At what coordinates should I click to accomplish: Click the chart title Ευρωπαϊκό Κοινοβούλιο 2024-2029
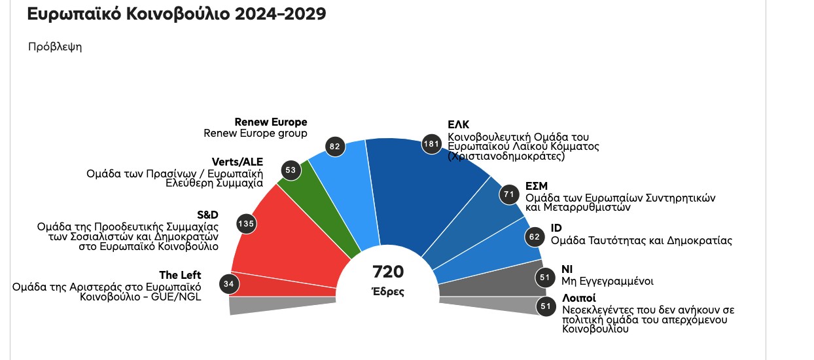click(176, 14)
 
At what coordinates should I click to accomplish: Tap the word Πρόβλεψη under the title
click(55, 47)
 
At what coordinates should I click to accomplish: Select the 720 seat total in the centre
click(388, 272)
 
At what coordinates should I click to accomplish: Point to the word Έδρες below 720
click(388, 292)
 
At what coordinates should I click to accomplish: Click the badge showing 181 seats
click(432, 144)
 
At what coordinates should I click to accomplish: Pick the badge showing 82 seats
click(335, 146)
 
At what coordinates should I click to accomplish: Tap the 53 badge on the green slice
click(291, 170)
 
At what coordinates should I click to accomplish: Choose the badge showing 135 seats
click(246, 223)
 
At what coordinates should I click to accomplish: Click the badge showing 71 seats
click(508, 194)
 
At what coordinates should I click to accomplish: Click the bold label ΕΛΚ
click(459, 124)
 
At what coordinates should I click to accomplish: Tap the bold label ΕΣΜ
click(537, 186)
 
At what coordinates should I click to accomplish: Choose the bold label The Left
click(180, 275)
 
